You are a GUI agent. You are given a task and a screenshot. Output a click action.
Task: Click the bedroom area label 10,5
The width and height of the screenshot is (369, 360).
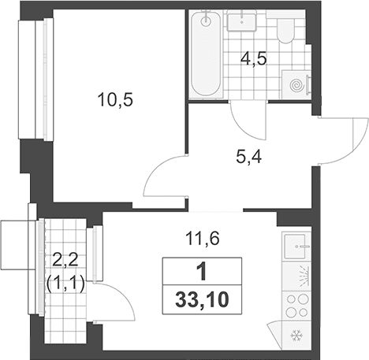point(115,100)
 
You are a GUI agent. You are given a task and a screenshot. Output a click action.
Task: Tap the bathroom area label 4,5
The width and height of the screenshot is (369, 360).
point(254,60)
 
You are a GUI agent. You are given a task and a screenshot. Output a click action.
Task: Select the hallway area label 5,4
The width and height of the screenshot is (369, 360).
point(248,158)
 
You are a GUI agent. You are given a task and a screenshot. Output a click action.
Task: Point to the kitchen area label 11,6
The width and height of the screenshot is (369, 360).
point(203,239)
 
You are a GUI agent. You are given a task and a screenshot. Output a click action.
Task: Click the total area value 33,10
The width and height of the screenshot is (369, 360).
point(202,300)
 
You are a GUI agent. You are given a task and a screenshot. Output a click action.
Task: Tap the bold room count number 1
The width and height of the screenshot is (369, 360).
point(202,272)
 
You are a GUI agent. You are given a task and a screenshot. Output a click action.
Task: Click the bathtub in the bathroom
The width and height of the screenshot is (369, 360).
point(206,54)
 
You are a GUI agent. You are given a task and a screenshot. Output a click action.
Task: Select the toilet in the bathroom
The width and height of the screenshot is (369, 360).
point(285,31)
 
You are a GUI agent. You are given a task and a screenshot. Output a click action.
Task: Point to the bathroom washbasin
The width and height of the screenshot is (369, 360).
point(241,21)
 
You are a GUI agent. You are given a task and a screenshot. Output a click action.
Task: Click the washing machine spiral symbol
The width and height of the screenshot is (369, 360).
point(297,85)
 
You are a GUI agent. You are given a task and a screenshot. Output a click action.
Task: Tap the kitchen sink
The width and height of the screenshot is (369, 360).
point(295,247)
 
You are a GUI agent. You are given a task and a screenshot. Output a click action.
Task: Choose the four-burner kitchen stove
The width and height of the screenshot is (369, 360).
point(297,306)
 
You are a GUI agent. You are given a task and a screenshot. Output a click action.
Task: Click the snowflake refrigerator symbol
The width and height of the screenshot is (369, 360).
point(296,336)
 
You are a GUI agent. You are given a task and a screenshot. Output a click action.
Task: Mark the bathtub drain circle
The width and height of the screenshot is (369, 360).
point(206,20)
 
